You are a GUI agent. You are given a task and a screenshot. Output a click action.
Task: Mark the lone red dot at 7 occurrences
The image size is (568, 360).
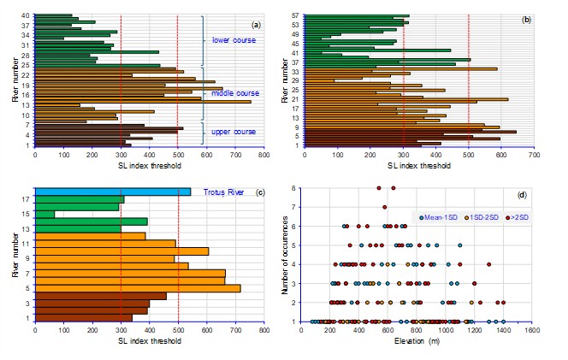(384, 207)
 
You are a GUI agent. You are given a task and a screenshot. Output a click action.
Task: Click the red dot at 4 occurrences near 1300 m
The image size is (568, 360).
(488, 264)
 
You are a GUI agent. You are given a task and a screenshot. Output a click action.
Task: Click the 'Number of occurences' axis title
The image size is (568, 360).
(285, 254)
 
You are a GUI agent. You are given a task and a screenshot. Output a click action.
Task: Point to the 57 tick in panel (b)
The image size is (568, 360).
(293, 15)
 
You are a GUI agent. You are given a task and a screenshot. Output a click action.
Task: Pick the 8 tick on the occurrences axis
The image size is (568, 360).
(296, 188)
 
